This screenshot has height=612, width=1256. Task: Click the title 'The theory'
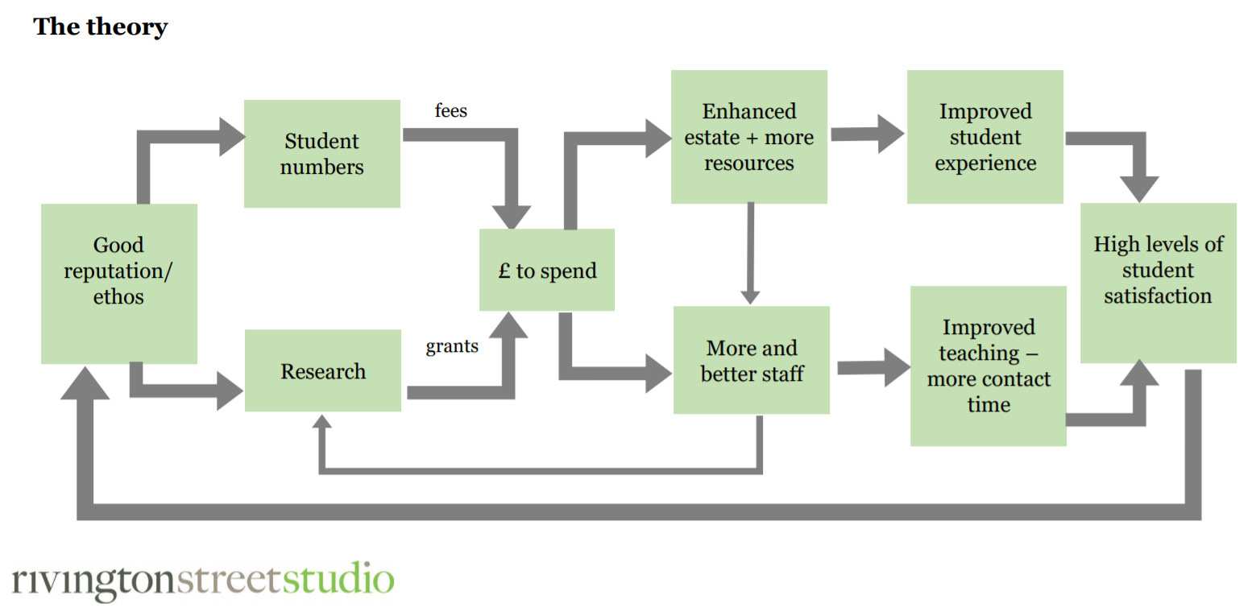[101, 27]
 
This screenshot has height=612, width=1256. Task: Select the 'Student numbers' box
[321, 154]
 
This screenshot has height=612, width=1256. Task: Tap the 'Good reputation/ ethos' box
[119, 283]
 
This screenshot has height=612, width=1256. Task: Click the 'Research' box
[323, 370]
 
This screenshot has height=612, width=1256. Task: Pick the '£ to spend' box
[547, 270]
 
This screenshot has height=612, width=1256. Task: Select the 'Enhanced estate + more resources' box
[749, 137]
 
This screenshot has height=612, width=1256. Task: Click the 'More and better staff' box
[752, 360]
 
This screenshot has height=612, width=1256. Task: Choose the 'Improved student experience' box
[985, 137]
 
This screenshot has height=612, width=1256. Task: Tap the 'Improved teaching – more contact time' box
[989, 366]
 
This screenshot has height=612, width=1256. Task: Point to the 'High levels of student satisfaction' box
[1159, 283]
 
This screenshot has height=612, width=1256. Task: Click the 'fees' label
[451, 110]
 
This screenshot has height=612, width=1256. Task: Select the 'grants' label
[452, 346]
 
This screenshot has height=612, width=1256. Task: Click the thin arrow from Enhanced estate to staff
[750, 254]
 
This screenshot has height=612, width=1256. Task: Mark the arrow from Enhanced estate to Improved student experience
[868, 134]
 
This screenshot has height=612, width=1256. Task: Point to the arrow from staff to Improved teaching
[874, 368]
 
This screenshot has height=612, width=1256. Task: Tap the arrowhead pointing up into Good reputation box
[85, 383]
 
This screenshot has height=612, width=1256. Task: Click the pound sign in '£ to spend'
[504, 271]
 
